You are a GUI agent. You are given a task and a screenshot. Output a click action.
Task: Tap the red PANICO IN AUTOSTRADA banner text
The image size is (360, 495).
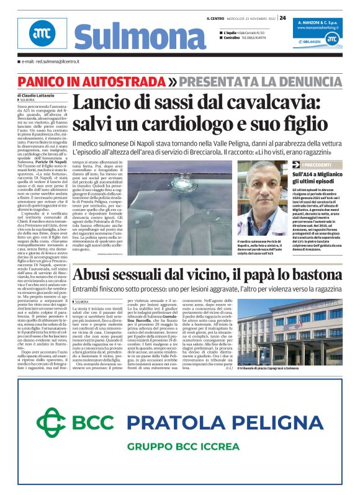[x=100, y=81]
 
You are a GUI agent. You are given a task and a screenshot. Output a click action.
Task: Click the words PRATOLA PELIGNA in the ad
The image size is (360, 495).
[x=225, y=423]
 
